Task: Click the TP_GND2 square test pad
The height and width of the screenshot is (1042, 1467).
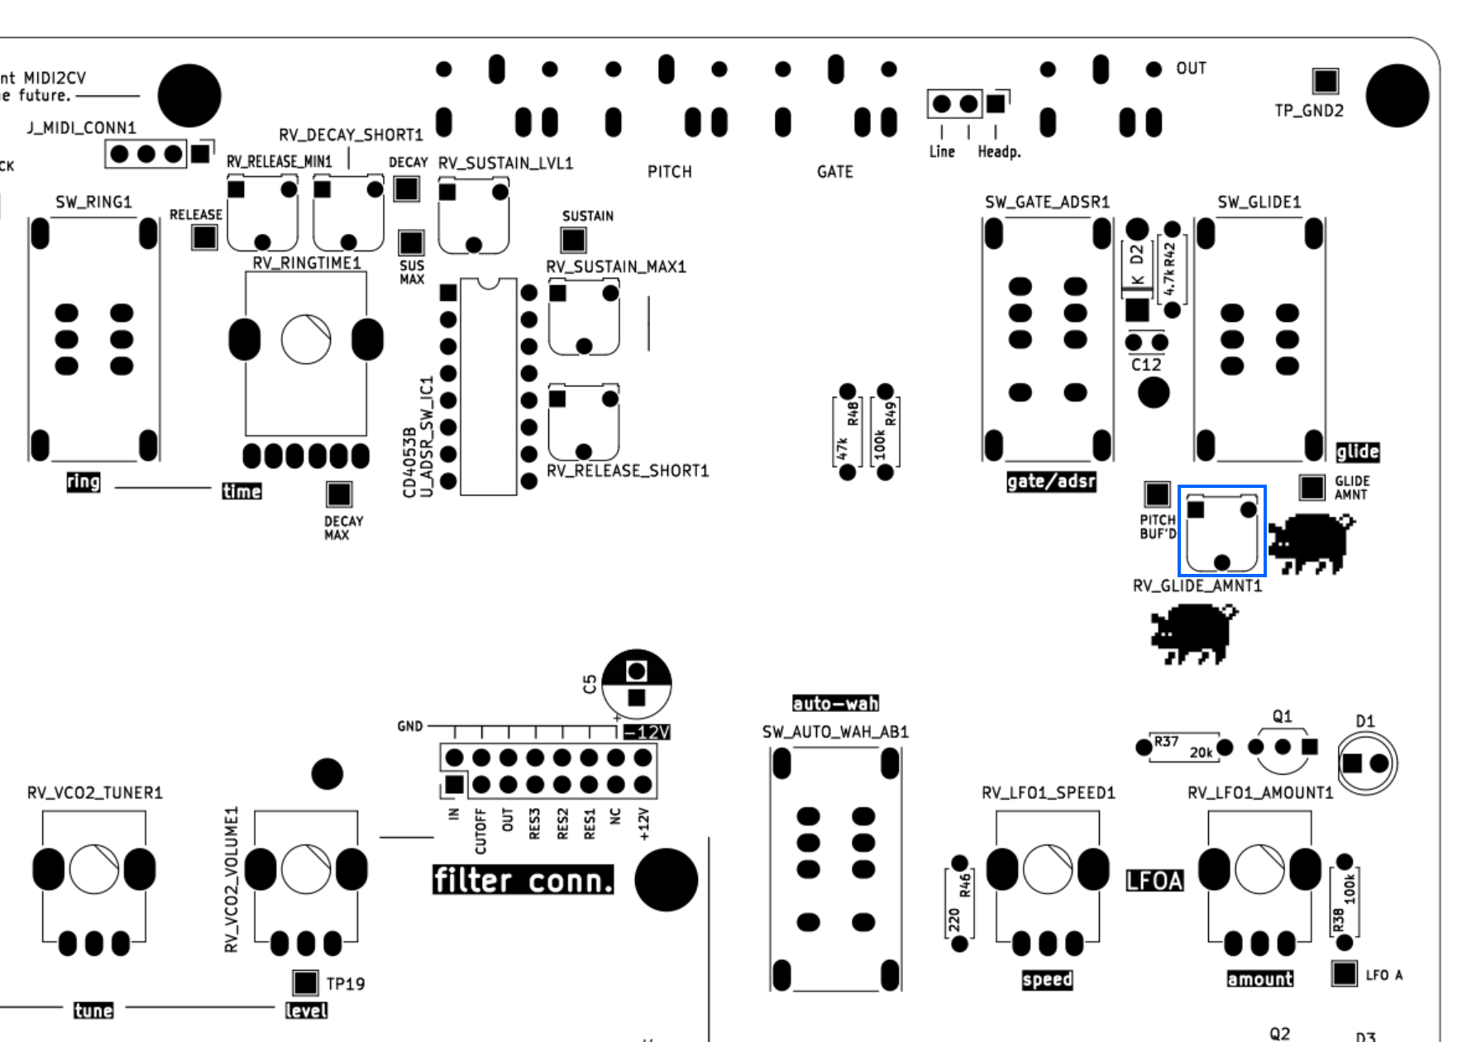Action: point(1325,81)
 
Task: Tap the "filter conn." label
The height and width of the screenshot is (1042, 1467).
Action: point(523,881)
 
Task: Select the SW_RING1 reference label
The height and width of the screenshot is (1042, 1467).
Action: point(93,203)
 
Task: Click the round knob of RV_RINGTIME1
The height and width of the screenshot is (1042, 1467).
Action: point(306,340)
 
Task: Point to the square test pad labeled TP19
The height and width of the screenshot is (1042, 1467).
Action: point(305,982)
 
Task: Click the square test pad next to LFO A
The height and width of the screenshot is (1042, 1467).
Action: point(1345,973)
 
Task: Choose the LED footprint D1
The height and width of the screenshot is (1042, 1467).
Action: point(1365,762)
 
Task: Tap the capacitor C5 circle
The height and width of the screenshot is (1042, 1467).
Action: point(636,684)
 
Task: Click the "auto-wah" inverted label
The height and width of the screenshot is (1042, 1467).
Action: point(835,704)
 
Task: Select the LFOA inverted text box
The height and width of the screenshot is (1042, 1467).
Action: point(1154,882)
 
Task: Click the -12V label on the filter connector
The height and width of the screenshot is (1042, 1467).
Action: point(647,733)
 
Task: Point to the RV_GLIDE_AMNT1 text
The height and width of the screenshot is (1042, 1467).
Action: point(1197,586)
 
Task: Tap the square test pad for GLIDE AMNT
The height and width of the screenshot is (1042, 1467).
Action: point(1312,487)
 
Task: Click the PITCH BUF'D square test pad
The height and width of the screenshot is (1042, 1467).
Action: point(1156,495)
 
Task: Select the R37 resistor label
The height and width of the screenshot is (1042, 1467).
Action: point(1166,742)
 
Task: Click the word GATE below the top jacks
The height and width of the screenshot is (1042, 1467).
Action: point(834,172)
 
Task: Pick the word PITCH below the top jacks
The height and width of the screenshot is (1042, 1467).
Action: point(669,172)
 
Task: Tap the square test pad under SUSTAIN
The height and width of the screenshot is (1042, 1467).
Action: point(573,240)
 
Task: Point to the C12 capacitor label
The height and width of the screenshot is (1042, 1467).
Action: point(1146,365)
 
